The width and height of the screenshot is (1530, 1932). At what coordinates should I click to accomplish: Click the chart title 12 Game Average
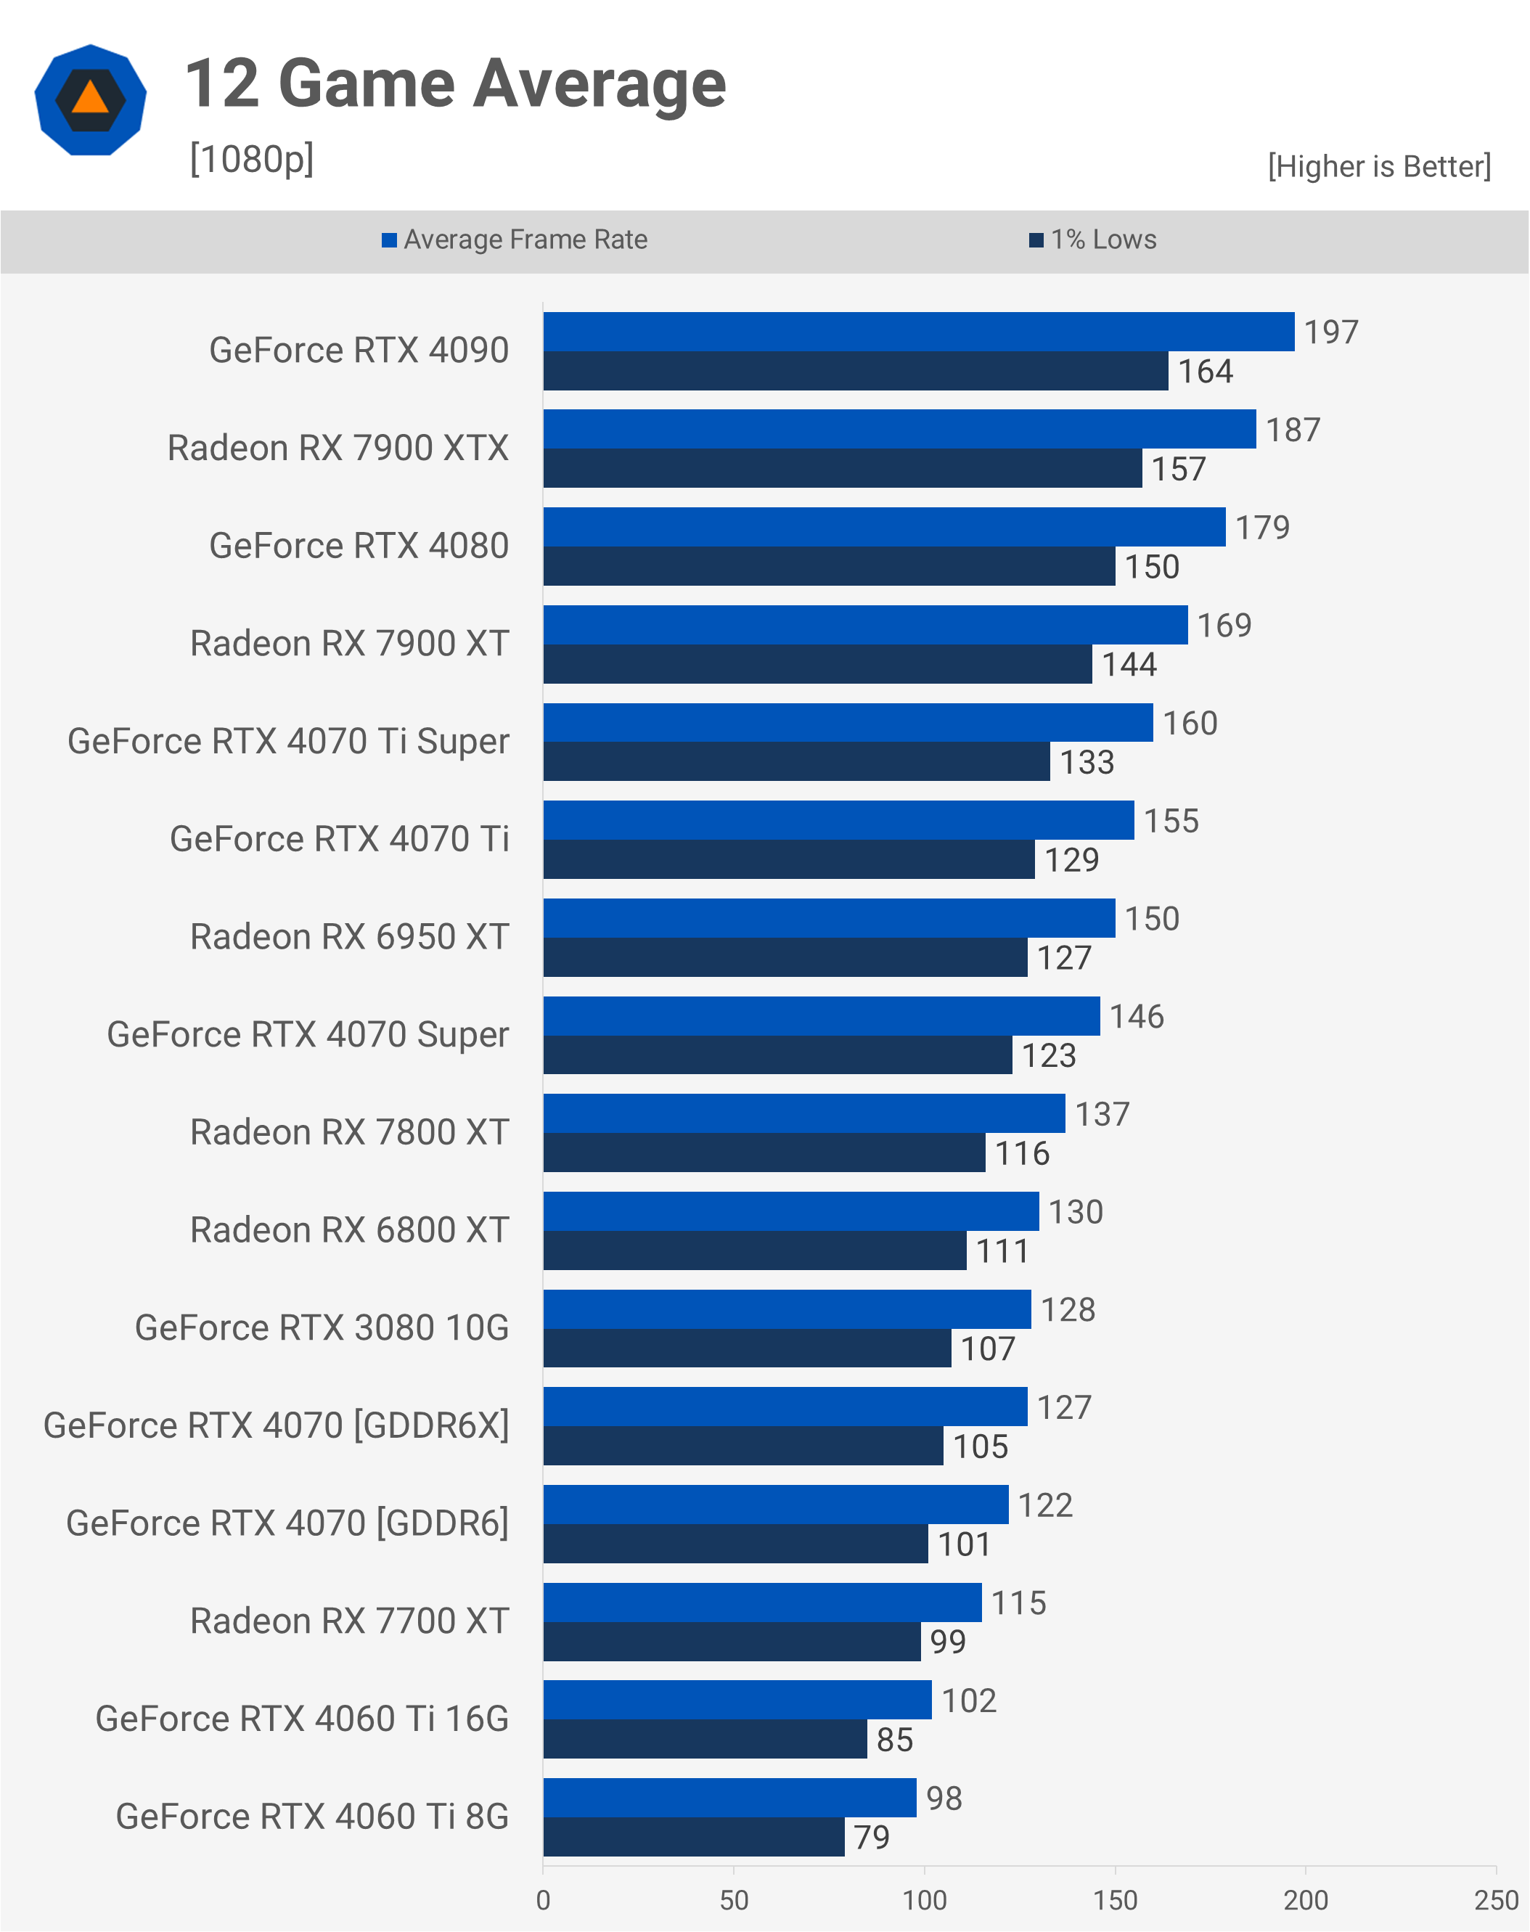point(455,83)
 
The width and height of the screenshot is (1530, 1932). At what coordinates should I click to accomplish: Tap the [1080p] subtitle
point(252,160)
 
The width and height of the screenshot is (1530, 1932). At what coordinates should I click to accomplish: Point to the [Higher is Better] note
point(1378,167)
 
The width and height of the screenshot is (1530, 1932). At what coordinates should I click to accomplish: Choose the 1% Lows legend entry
point(1093,240)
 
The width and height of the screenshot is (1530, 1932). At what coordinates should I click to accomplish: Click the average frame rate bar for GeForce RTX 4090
point(918,332)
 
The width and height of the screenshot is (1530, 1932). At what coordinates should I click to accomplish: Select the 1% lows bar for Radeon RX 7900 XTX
point(842,468)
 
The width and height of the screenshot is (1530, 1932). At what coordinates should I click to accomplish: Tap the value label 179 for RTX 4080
point(1262,528)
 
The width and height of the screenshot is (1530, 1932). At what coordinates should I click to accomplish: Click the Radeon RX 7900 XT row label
point(349,643)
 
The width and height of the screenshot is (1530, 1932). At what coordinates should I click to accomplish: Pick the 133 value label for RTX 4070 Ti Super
point(1087,762)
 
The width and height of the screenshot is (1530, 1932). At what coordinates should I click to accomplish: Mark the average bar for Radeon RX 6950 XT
point(829,918)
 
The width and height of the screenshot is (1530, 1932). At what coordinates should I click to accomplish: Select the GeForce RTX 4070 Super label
point(307,1034)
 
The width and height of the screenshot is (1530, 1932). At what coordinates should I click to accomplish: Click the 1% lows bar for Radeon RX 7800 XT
point(764,1153)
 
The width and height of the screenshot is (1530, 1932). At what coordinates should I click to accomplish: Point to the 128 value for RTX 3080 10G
point(1068,1309)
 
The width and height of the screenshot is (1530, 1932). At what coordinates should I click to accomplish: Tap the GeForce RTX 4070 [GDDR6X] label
point(276,1425)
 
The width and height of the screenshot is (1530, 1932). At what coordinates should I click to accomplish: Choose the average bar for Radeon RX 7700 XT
point(762,1603)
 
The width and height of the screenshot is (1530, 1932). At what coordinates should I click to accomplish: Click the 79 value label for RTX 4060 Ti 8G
point(872,1837)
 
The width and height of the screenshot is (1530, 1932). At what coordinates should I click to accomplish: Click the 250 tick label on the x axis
point(1495,1900)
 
